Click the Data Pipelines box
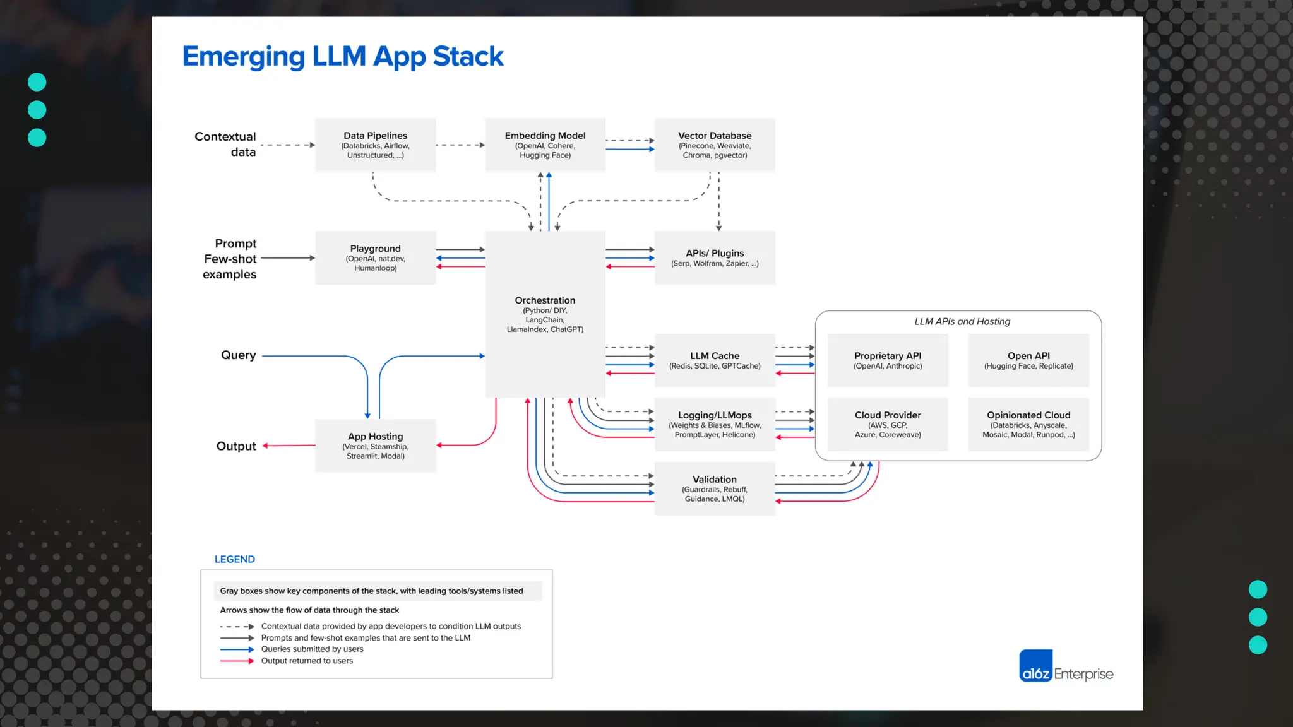tap(375, 145)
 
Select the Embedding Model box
tap(545, 145)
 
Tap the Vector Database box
tap(715, 145)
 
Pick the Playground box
tap(375, 257)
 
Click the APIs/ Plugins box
tap(715, 257)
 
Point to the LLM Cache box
tap(715, 360)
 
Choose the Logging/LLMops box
tap(715, 424)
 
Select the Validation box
tap(715, 488)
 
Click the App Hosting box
tap(375, 446)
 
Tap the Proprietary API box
tap(888, 360)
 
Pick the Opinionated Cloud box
tap(1028, 424)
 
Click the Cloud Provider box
tap(888, 424)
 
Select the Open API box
tap(1028, 360)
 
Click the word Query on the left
tap(238, 355)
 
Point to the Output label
tap(236, 446)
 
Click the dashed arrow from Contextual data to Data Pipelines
tap(287, 145)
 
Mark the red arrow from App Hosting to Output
tap(289, 446)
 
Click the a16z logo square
tap(1035, 666)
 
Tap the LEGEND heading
tap(235, 559)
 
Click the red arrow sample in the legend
tap(237, 661)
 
